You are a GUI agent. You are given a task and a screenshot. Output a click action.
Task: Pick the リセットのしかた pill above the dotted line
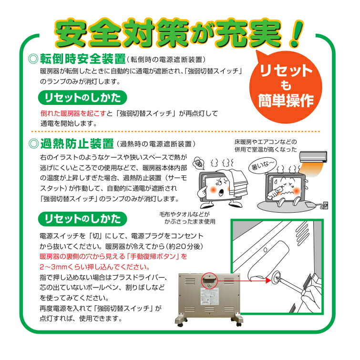(82, 97)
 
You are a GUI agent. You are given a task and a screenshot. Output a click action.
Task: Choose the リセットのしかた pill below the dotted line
(82, 218)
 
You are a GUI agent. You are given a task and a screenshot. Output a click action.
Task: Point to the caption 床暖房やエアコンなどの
(265, 142)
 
